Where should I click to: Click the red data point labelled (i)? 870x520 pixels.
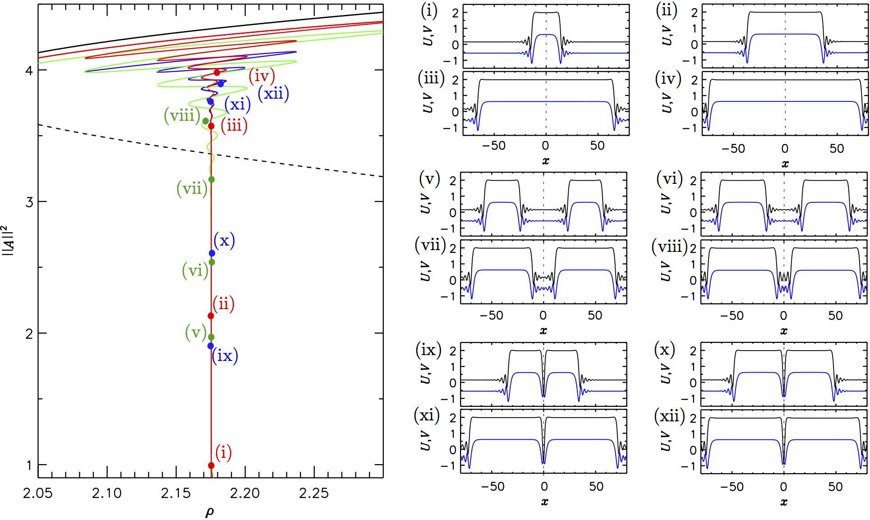[x=211, y=465]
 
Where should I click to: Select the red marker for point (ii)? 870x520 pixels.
[x=211, y=316]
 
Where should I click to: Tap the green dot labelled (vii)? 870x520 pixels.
[x=212, y=180]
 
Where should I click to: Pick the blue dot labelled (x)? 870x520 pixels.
[x=212, y=253]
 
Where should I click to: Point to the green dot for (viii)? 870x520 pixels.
[x=206, y=121]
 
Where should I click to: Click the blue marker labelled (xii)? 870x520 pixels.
[x=221, y=84]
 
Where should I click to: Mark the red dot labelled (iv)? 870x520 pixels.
[x=217, y=73]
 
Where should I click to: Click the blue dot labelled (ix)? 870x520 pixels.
[x=211, y=346]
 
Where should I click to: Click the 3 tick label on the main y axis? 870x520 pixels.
[x=29, y=202]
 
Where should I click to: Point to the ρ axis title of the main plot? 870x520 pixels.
[x=210, y=512]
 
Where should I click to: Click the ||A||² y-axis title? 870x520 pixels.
[x=8, y=240]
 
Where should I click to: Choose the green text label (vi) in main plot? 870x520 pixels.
[x=195, y=271]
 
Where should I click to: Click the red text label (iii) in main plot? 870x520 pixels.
[x=234, y=125]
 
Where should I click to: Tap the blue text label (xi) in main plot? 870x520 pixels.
[x=238, y=105]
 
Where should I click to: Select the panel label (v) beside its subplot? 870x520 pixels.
[x=429, y=179]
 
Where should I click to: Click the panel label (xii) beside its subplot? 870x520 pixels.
[x=669, y=416]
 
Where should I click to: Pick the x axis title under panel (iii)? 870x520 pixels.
[x=546, y=161]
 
